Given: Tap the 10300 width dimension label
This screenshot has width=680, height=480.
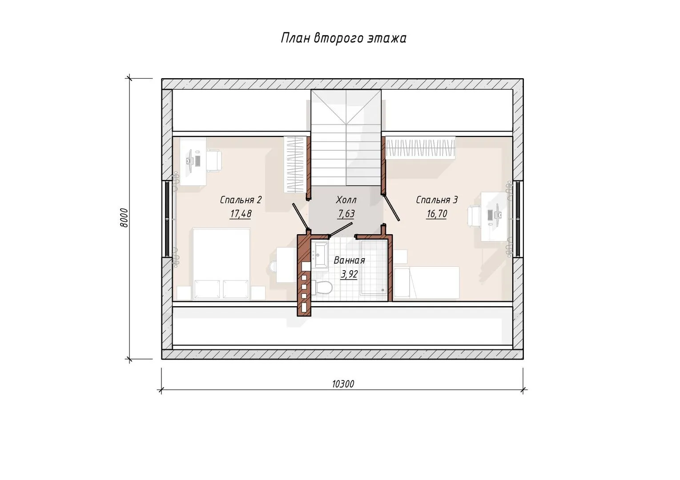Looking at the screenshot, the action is [343, 384].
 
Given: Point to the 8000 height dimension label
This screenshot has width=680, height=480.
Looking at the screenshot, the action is [124, 218].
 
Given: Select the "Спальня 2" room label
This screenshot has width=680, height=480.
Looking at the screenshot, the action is [241, 200].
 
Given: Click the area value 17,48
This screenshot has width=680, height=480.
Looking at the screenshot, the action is [241, 214].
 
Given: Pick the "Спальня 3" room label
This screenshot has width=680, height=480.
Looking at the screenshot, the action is [437, 200].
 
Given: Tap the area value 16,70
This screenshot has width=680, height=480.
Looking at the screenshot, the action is [437, 214].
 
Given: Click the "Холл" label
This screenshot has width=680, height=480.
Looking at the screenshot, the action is [346, 200].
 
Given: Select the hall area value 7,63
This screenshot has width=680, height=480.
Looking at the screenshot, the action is [346, 214].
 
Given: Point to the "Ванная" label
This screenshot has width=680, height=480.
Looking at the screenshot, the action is [350, 260].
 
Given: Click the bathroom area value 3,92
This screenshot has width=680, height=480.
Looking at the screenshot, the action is [350, 274].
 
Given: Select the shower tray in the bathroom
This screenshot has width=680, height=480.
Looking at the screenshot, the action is [374, 268].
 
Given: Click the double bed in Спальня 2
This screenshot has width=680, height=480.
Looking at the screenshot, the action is [221, 264].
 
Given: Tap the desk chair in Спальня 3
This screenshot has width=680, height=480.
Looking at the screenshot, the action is [474, 216].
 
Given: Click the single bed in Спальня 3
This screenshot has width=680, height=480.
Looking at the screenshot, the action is [427, 283].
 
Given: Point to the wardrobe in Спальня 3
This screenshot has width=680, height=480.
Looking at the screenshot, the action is [420, 148].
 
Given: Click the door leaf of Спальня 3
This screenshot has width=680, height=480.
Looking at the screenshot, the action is [390, 208].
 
